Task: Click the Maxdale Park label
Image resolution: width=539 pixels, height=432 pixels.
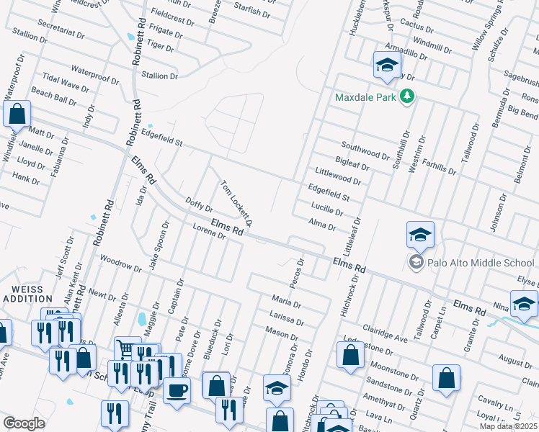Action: pyautogui.click(x=366, y=96)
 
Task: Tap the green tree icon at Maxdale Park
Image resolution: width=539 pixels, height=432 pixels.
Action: pyautogui.click(x=407, y=96)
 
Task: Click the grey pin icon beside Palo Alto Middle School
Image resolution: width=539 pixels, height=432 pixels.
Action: pyautogui.click(x=416, y=263)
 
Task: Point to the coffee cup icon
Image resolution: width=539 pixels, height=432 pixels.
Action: pyautogui.click(x=177, y=391)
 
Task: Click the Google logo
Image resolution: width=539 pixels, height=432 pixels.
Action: pyautogui.click(x=24, y=423)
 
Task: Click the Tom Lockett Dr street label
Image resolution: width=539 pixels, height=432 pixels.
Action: pyautogui.click(x=236, y=203)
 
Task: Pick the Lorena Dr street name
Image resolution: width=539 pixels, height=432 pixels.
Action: pyautogui.click(x=210, y=234)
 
